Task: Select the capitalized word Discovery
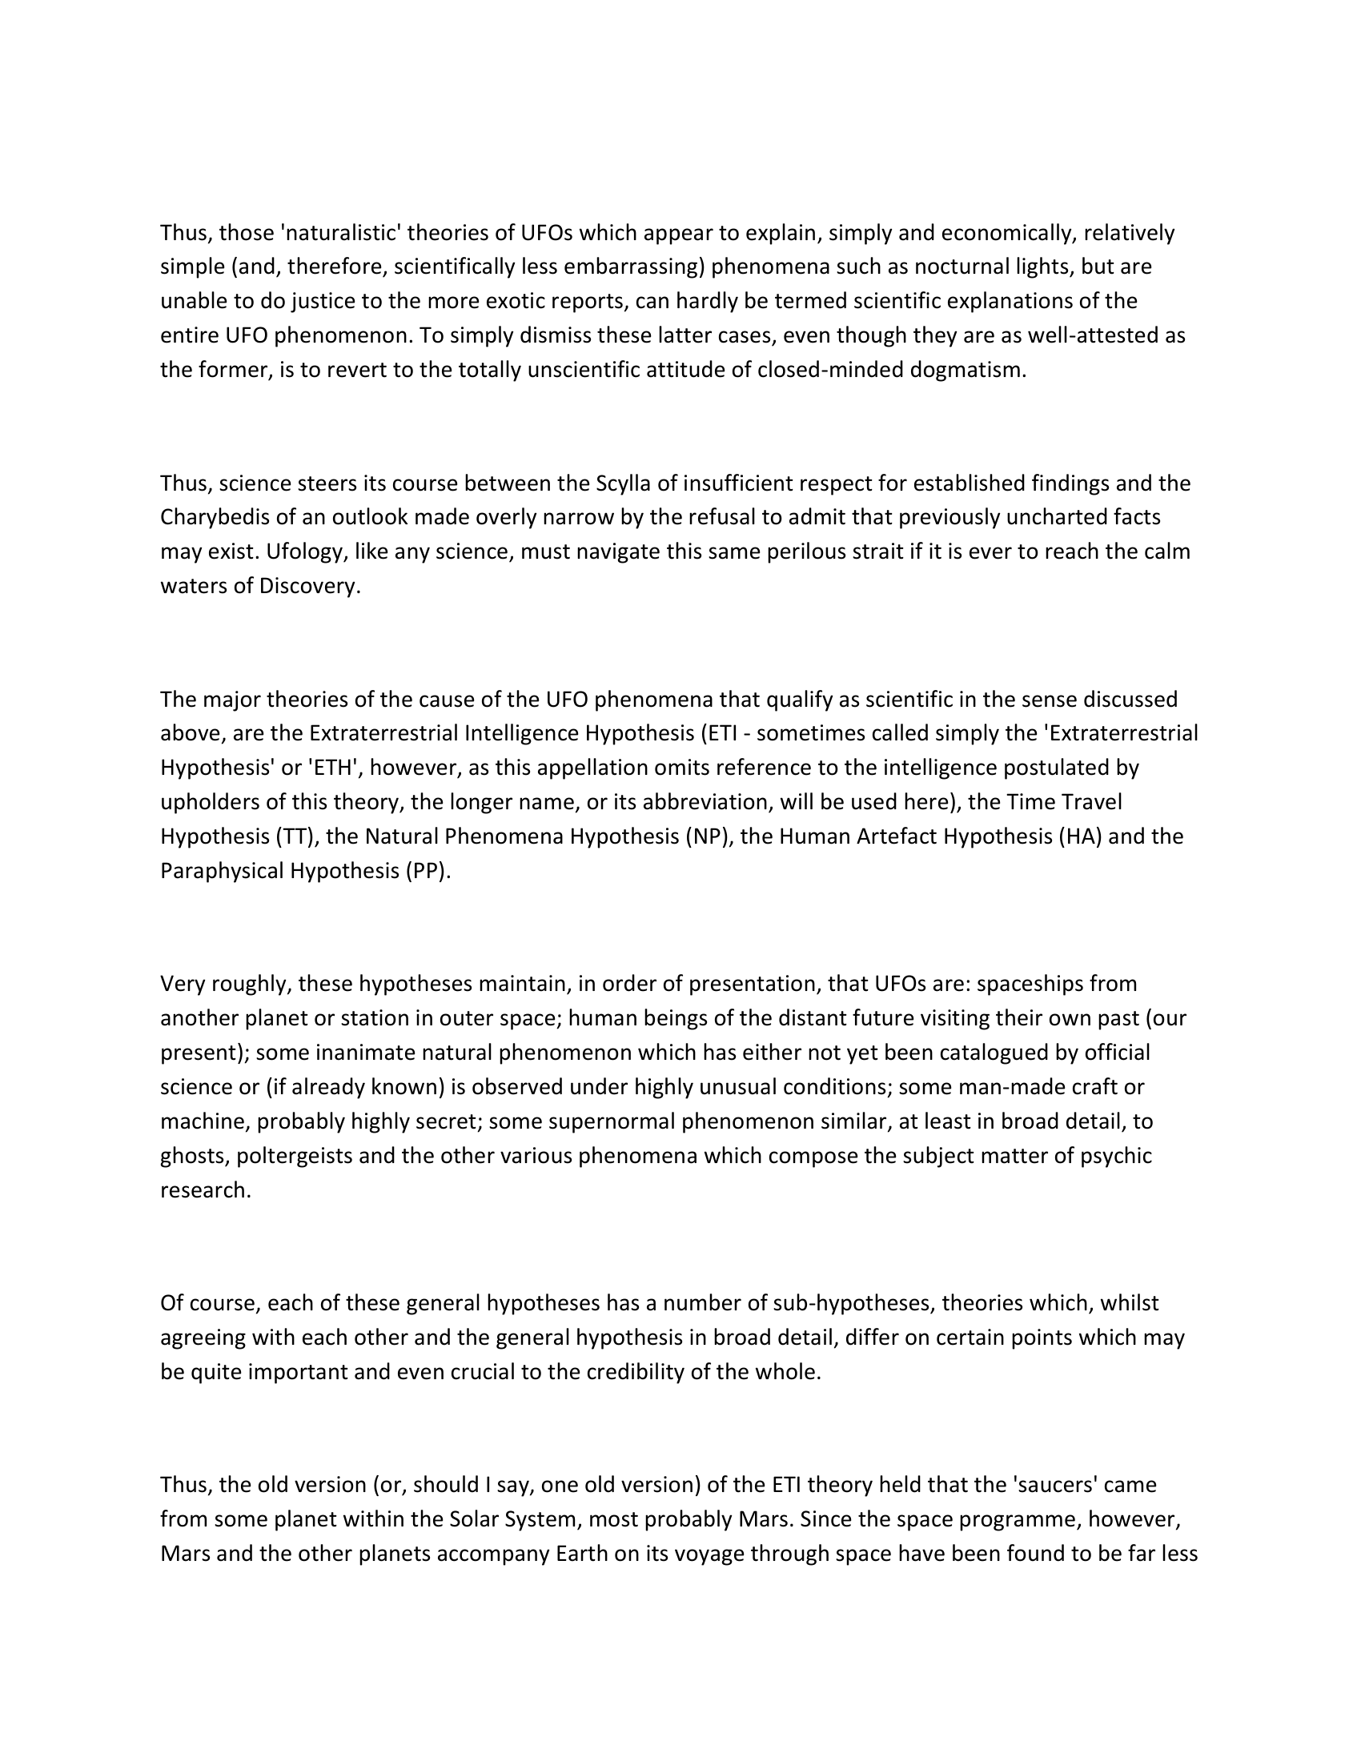(310, 586)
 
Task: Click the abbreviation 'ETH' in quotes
(331, 768)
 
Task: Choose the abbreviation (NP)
(709, 836)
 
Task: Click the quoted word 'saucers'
(1057, 1485)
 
